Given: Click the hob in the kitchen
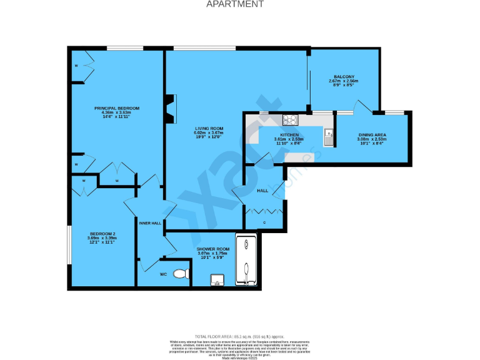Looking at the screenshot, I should coord(291,121).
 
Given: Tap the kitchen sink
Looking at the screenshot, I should coord(327,136).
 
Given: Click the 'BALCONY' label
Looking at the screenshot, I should coord(343,77).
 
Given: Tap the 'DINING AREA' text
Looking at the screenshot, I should coord(371,135).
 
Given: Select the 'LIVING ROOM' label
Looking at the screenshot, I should coord(208,129).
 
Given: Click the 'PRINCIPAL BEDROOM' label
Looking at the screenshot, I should coord(117,108).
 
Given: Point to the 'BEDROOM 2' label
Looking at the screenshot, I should coord(102,234).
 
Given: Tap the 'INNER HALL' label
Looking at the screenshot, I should coord(150,223).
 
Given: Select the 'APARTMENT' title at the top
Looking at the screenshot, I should coord(235,4).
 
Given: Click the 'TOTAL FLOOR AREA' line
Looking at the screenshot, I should coord(239,336).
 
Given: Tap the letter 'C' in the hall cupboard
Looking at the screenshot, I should coord(264,222).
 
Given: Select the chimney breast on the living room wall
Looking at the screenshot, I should coord(169,109).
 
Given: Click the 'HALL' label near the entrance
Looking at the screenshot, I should coord(264,190).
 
